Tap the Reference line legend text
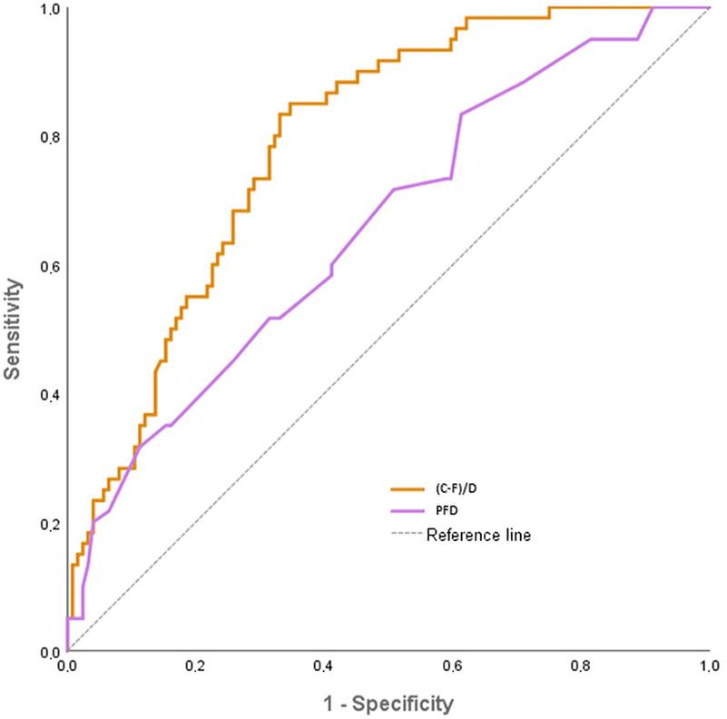(478, 536)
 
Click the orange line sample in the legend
(404, 488)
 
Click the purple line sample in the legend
(404, 511)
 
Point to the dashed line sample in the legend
(404, 536)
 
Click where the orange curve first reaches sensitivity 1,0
(550, 8)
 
